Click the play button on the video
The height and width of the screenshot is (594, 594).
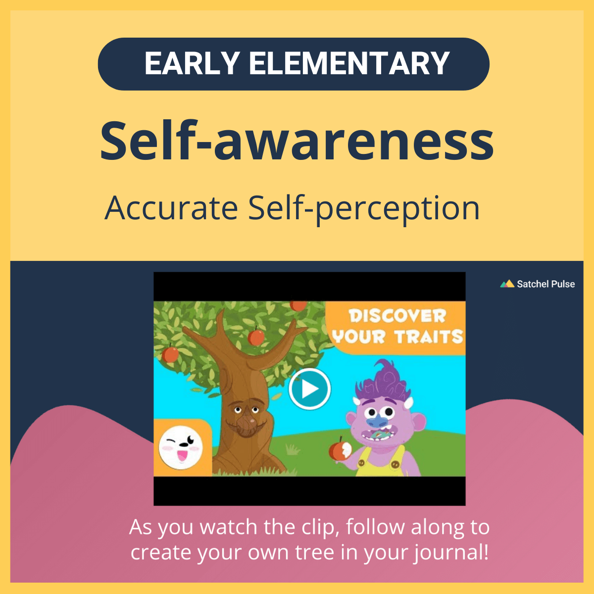[x=310, y=389]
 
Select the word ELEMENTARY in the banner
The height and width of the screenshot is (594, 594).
[x=349, y=64]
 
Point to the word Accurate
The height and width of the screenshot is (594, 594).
[x=171, y=208]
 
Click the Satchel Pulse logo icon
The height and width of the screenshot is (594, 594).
[x=507, y=284]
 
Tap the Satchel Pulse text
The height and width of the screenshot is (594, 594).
[x=545, y=284]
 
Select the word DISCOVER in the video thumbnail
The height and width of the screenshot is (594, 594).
[x=397, y=316]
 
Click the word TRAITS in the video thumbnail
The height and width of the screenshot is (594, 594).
[x=429, y=338]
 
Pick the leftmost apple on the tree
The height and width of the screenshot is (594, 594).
[x=171, y=354]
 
